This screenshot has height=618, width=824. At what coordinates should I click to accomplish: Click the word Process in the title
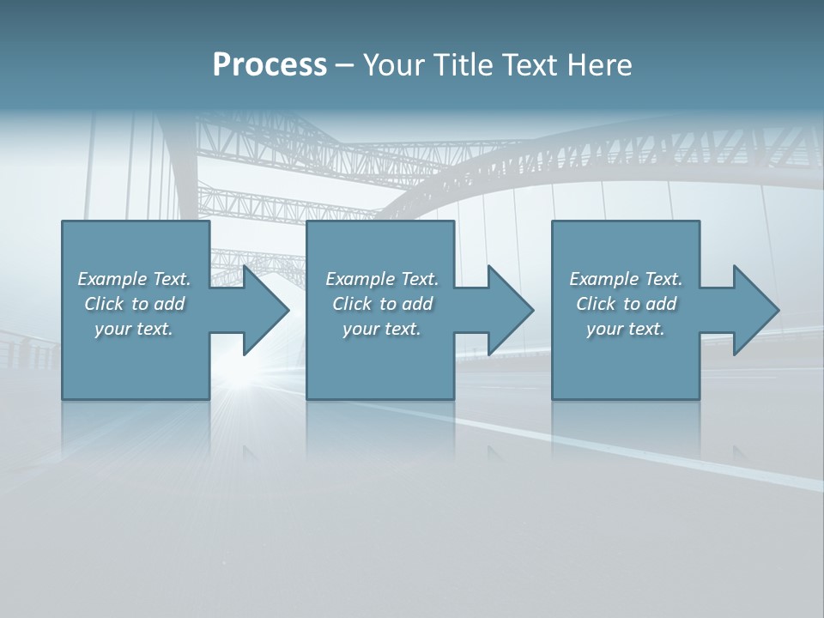click(x=270, y=65)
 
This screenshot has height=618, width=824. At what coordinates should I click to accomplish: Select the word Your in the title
click(x=396, y=65)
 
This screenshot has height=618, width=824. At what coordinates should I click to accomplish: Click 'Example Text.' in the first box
click(x=134, y=279)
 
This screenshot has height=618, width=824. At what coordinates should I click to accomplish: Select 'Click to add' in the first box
click(x=134, y=304)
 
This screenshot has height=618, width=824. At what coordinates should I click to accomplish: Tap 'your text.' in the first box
click(x=134, y=329)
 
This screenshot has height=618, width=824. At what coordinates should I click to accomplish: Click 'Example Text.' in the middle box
click(x=382, y=279)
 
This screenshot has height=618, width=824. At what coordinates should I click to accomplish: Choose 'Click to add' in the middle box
click(x=382, y=304)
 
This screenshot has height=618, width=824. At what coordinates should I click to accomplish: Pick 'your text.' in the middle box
click(x=382, y=329)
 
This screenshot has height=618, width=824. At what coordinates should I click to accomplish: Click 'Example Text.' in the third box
click(x=626, y=279)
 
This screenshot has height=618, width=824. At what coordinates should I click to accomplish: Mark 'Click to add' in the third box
click(x=626, y=304)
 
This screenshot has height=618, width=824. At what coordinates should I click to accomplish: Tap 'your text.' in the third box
click(x=626, y=329)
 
